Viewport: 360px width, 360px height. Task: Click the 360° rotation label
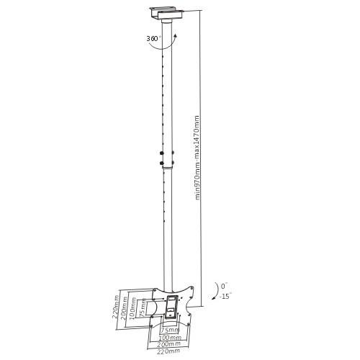[154, 38]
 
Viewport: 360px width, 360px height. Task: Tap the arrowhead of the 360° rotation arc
[176, 35]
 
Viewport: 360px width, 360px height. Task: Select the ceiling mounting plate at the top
[167, 14]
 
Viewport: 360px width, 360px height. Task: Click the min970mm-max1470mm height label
[197, 158]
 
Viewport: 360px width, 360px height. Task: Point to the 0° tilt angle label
[224, 286]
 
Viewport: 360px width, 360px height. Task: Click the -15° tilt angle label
[225, 296]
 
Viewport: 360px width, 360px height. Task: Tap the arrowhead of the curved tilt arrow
[213, 298]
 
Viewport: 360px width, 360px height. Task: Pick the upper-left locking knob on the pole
[161, 153]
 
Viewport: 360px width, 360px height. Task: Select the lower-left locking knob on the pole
[161, 163]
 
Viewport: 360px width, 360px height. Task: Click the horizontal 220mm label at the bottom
[168, 351]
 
